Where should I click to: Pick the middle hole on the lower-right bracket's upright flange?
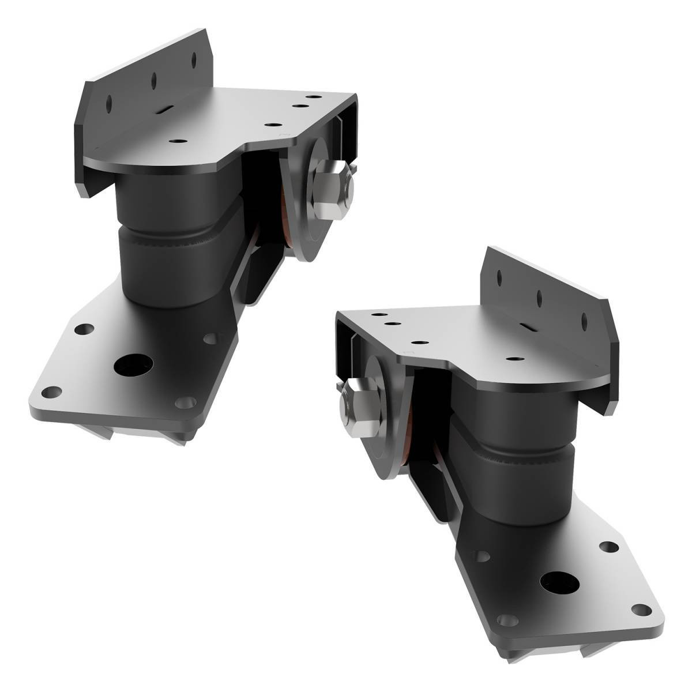[540, 298]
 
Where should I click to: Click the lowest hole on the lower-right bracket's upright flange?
[584, 321]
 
